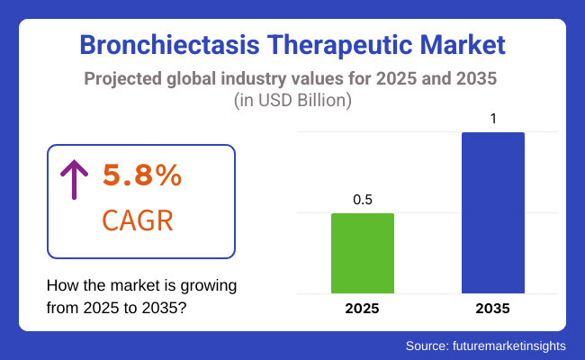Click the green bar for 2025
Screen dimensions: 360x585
[363, 253]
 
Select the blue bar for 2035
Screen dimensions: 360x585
[492, 212]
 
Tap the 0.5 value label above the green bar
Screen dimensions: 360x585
[363, 200]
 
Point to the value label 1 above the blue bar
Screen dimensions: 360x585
[493, 118]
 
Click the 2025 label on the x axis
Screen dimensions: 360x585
[363, 309]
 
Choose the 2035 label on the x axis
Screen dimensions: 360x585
[492, 309]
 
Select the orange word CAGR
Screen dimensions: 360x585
[139, 219]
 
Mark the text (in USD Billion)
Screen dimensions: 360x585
[292, 100]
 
